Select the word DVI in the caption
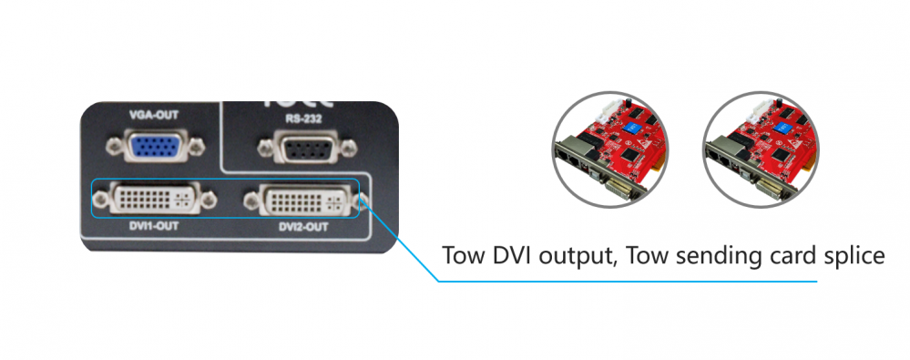click(511, 254)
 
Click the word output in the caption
click(575, 255)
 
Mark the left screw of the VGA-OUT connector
click(116, 147)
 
